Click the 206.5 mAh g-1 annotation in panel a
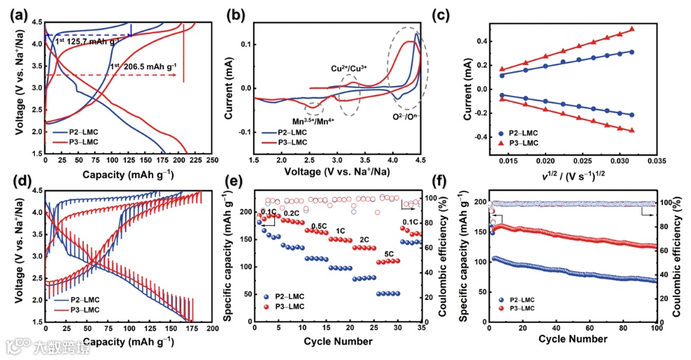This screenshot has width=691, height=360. pos(143,67)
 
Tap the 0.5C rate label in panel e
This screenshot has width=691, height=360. pos(318,226)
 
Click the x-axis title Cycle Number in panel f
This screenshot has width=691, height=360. pos(573,339)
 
